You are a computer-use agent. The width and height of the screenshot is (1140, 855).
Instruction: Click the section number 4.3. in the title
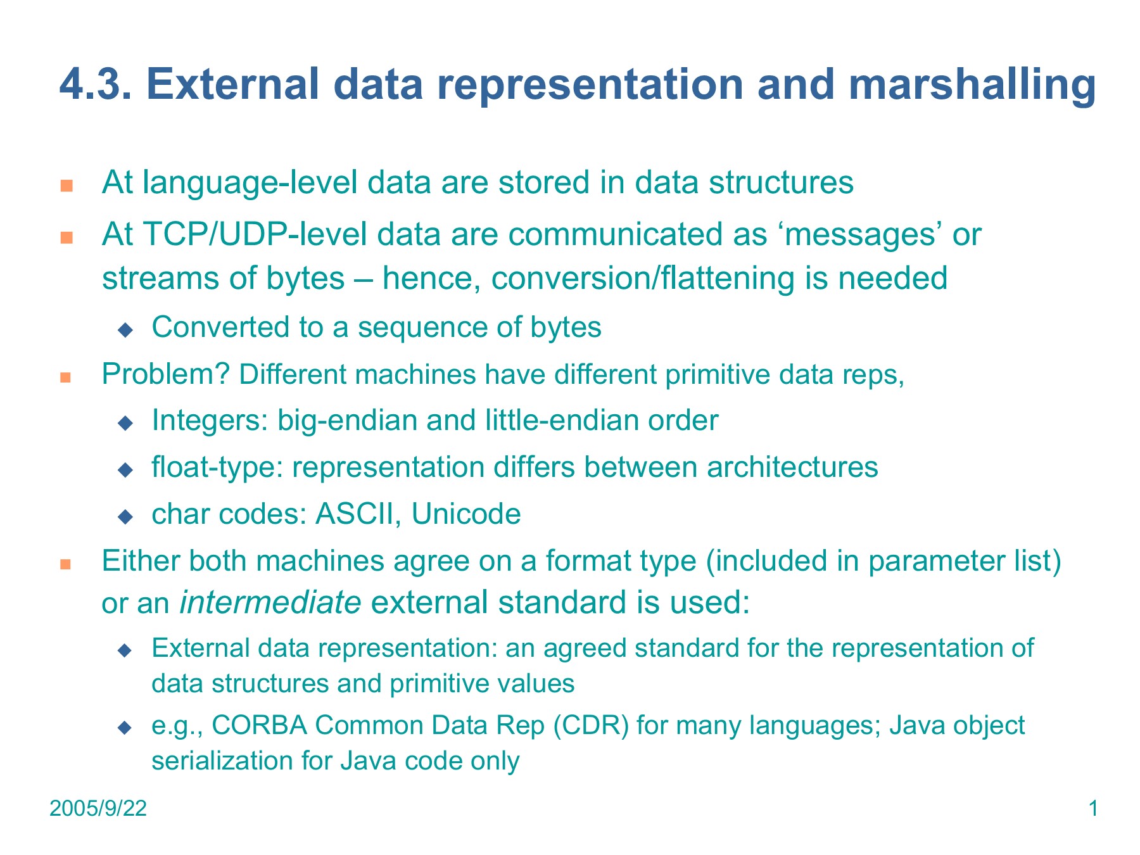click(96, 85)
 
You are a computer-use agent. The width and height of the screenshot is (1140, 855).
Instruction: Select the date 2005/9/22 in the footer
click(98, 809)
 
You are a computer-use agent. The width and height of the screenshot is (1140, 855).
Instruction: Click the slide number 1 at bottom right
click(1092, 809)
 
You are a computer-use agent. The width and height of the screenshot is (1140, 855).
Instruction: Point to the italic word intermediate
click(270, 602)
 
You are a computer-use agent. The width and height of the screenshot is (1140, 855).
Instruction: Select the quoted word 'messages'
click(636, 234)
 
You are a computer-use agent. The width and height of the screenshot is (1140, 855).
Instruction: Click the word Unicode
click(466, 514)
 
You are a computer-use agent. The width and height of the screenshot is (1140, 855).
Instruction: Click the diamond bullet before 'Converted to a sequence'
click(125, 329)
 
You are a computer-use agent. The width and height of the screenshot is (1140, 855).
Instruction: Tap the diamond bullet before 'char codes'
click(125, 516)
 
